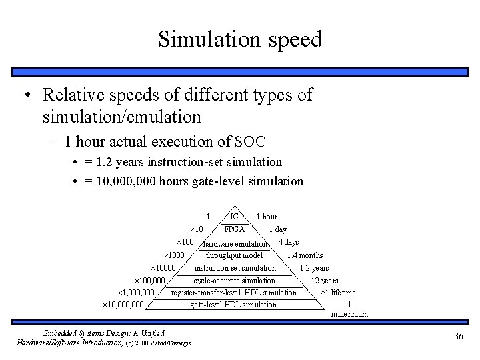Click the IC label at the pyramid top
[234, 217]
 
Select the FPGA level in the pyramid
[234, 229]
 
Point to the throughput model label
[234, 255]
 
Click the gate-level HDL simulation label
[233, 305]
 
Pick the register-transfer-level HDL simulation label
[234, 293]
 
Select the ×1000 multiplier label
[175, 255]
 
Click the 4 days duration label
[288, 241]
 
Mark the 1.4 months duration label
[305, 255]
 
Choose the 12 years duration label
[325, 281]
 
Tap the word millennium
[349, 314]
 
